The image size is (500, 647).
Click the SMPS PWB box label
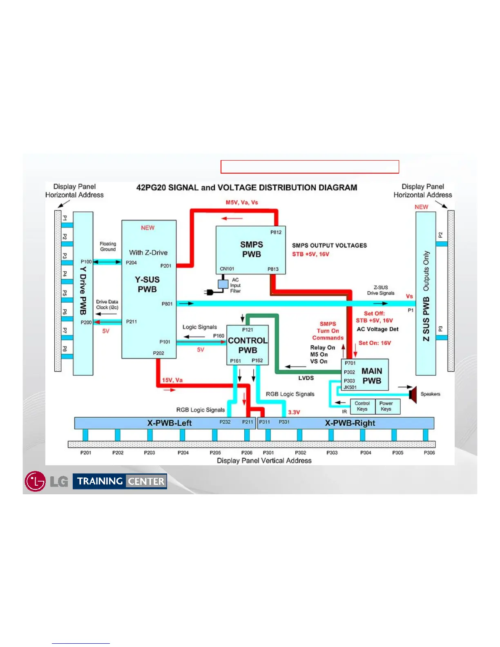[x=251, y=249]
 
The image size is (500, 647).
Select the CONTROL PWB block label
[x=248, y=345]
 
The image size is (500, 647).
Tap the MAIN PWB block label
[x=372, y=376]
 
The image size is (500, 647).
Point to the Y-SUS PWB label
[x=147, y=284]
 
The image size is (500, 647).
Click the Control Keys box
[x=362, y=406]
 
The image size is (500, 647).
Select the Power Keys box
[x=386, y=406]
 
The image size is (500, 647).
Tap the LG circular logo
[x=35, y=481]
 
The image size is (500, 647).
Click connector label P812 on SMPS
[x=276, y=232]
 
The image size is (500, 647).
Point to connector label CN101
[x=227, y=269]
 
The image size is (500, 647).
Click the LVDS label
[x=306, y=378]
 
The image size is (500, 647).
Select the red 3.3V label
[x=294, y=412]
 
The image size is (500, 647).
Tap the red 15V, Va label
[x=172, y=380]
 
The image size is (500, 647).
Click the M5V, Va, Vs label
[x=242, y=203]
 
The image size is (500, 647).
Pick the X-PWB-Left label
[x=169, y=423]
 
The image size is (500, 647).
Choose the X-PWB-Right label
[x=350, y=423]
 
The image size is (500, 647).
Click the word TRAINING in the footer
[x=100, y=481]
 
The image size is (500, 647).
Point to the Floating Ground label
[x=108, y=246]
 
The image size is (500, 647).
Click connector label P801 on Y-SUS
[x=167, y=304]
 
